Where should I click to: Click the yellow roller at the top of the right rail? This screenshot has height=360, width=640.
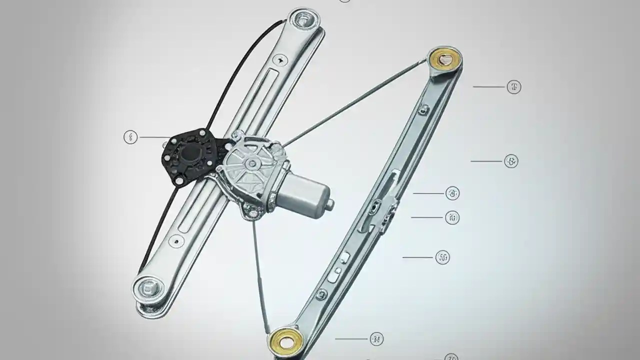[444, 59]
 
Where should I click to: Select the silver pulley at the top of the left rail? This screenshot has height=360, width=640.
[303, 19]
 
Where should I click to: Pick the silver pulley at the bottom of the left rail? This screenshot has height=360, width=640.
[147, 288]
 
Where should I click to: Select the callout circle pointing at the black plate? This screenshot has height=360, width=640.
[130, 137]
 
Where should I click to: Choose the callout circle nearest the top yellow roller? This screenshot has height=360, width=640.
[513, 87]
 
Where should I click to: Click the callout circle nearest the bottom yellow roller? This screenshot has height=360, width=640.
[377, 339]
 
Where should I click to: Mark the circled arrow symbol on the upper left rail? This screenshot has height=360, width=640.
[282, 59]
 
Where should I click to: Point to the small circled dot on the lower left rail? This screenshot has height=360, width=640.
[175, 240]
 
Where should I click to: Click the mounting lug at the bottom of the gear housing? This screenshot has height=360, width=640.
[252, 212]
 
